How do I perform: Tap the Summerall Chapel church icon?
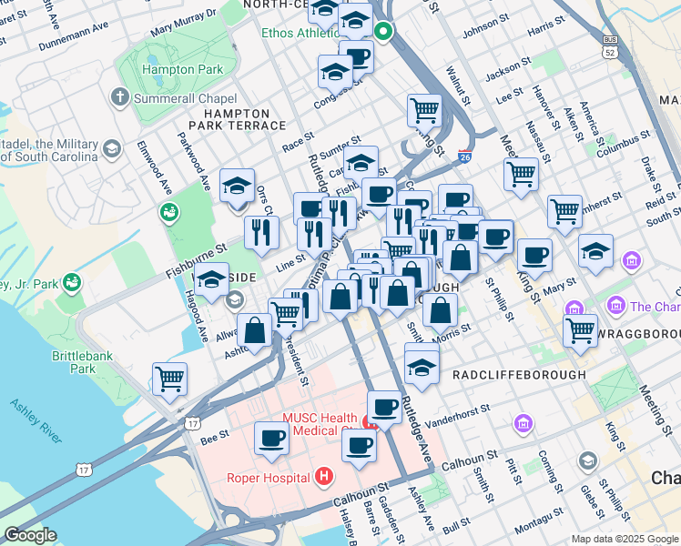119,96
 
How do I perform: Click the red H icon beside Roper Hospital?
322,476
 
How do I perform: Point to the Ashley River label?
36,420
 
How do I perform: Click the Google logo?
30,535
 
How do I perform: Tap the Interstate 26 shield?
464,157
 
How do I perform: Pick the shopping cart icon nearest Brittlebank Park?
170,378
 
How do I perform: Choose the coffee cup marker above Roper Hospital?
272,438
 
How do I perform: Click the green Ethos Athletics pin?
383,34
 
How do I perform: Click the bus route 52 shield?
609,47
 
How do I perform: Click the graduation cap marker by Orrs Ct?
238,186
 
